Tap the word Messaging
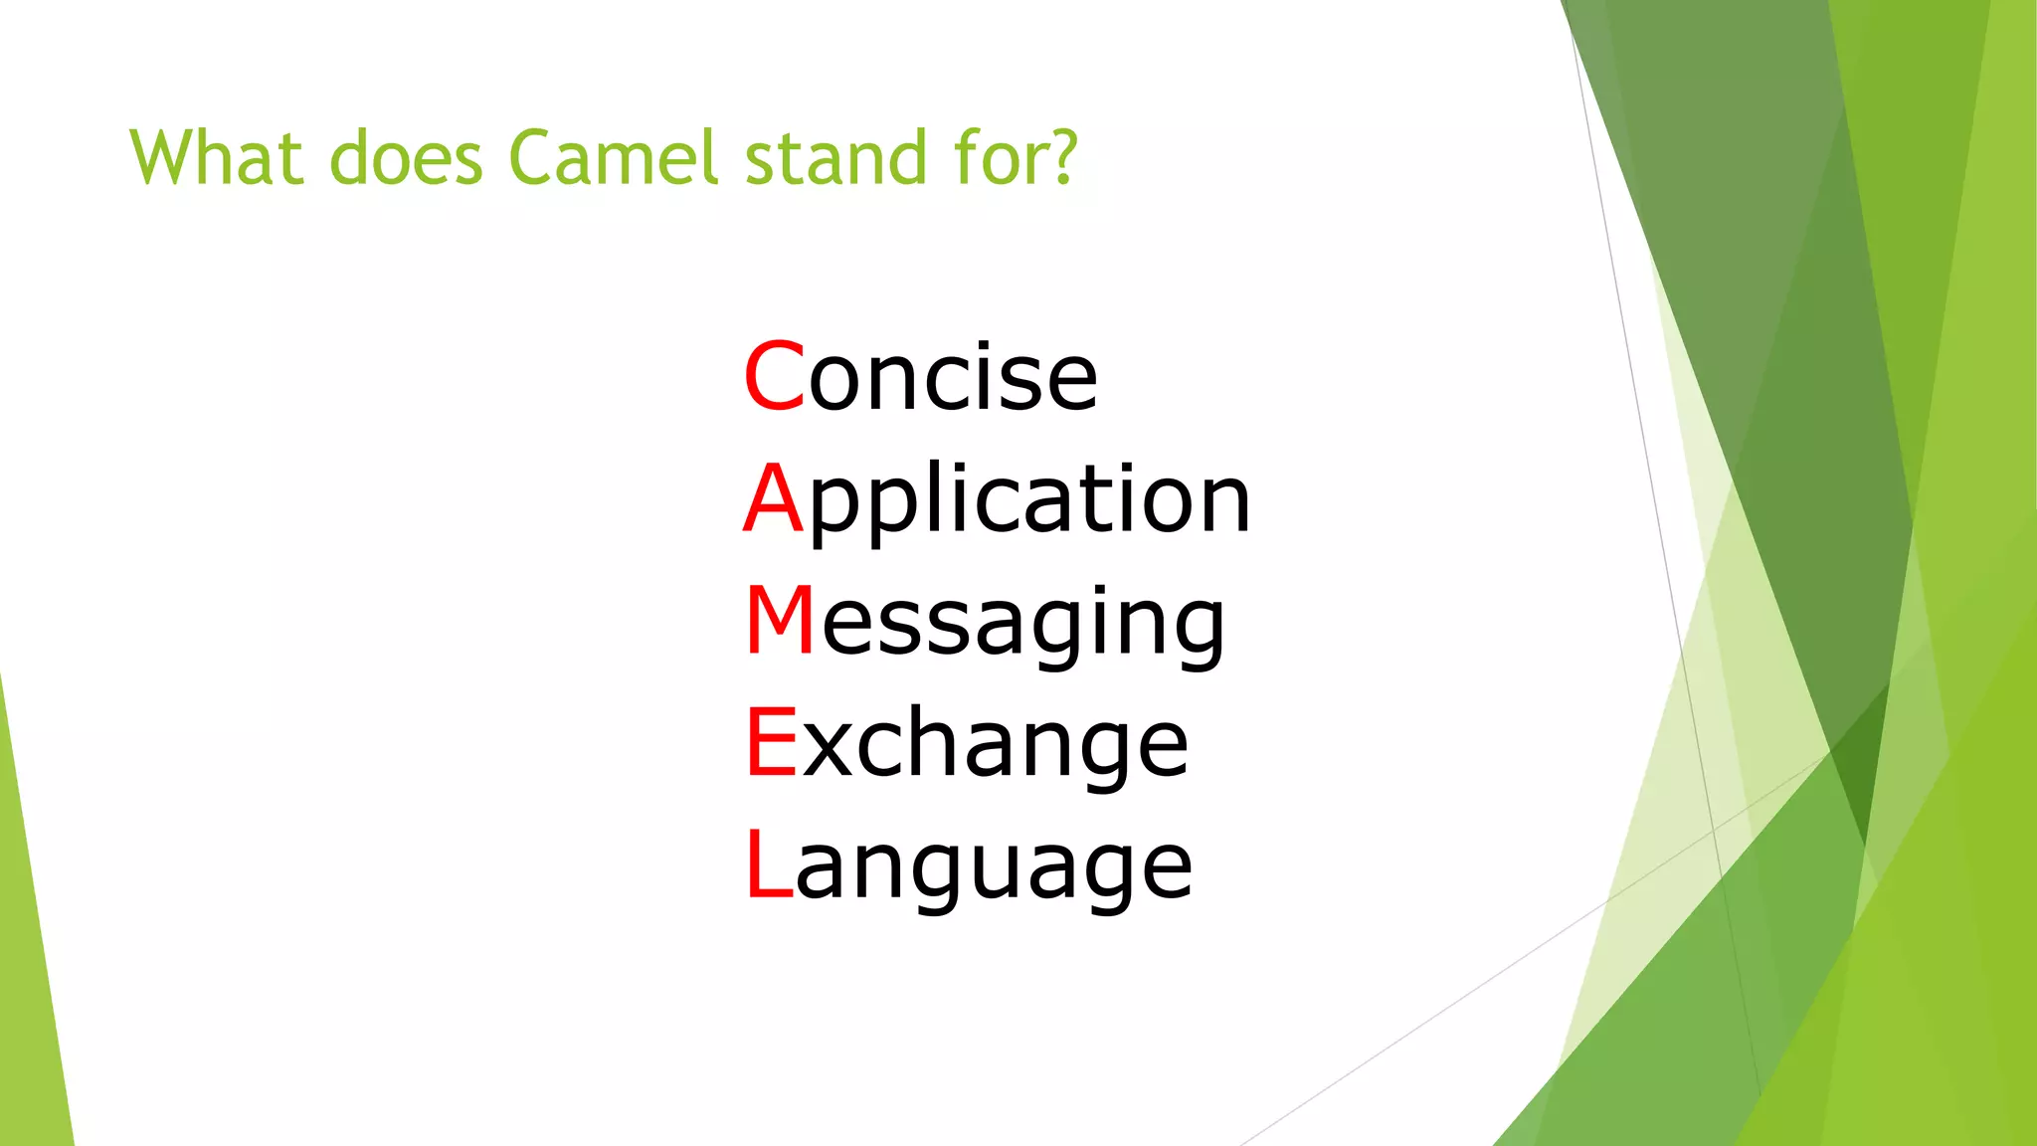(985, 622)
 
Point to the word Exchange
(967, 743)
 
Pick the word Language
(969, 866)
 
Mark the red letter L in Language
(768, 864)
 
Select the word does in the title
(406, 159)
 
